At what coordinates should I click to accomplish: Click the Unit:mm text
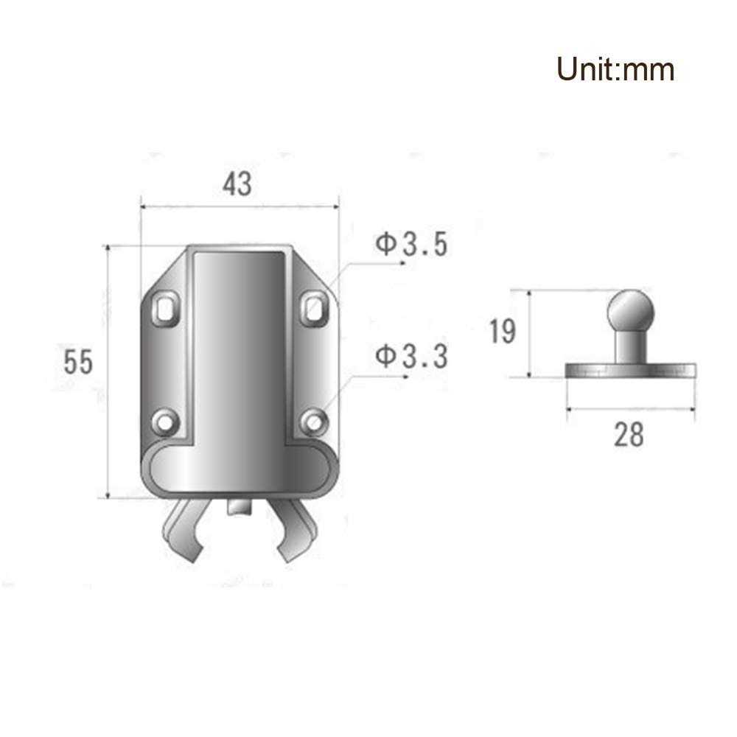tap(615, 69)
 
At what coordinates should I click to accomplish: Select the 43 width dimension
tap(237, 184)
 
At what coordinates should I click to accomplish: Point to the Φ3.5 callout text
tap(411, 245)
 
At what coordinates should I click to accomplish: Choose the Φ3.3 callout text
tap(411, 357)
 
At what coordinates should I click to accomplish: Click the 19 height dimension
tap(503, 332)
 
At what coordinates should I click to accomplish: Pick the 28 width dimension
tap(629, 435)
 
